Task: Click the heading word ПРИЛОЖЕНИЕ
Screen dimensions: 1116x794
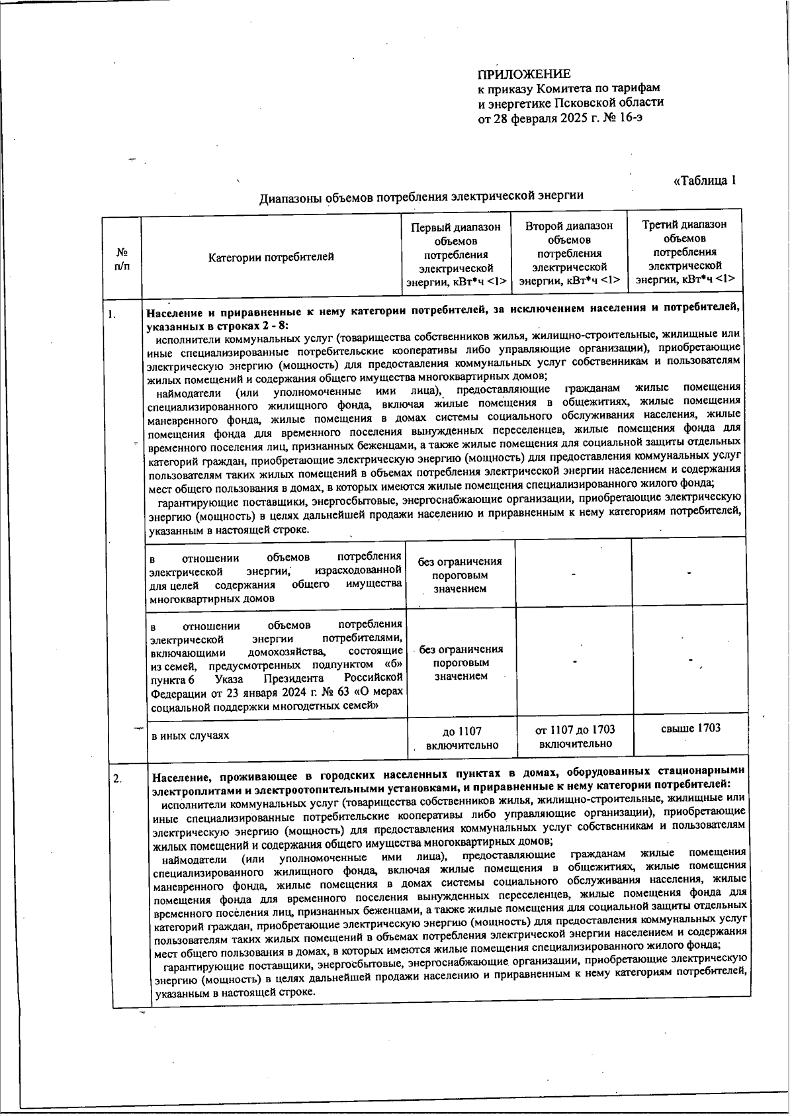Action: point(524,74)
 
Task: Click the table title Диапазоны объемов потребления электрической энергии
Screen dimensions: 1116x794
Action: point(421,196)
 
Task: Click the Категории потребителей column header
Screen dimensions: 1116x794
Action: point(271,257)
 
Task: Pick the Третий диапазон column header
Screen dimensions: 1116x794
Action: point(685,252)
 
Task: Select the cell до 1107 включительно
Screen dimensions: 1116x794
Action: point(461,737)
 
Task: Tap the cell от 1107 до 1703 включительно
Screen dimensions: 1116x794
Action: point(574,736)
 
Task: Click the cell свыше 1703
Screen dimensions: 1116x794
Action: point(690,728)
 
